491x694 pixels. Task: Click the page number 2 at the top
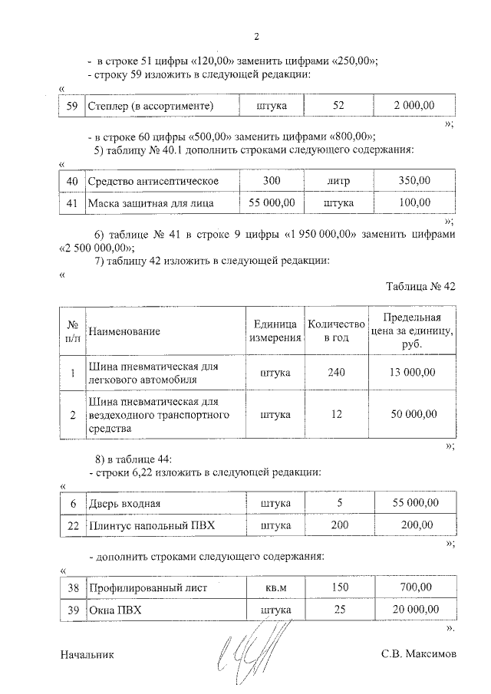point(257,36)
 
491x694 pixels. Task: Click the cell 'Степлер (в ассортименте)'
point(150,105)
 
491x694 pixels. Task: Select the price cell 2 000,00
point(414,105)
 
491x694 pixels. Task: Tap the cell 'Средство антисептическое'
point(153,181)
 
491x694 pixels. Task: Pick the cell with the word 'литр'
point(338,181)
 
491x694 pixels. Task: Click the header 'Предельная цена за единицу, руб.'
point(412,331)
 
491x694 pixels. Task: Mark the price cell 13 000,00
point(412,373)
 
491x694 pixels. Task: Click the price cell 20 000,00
point(412,610)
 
